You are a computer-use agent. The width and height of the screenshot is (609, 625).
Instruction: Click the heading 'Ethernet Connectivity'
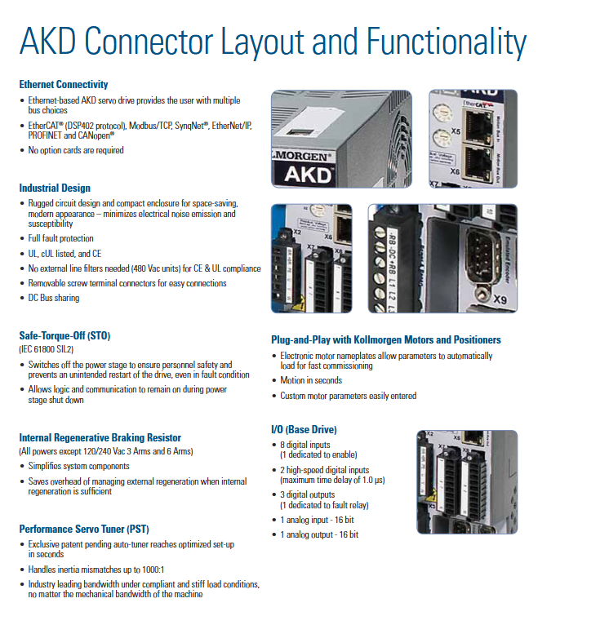64,84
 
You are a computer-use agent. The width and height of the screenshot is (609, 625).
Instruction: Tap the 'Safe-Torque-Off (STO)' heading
64,335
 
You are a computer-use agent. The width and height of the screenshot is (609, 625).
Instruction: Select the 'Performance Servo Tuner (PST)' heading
84,529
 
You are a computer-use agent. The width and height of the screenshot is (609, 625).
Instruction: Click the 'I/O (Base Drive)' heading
304,429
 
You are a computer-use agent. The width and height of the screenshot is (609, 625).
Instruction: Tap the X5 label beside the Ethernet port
456,131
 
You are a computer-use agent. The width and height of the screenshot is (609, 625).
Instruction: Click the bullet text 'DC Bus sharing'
54,298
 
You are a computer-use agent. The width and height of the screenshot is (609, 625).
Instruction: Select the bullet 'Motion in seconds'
311,380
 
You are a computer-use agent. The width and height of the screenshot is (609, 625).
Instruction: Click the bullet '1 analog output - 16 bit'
318,534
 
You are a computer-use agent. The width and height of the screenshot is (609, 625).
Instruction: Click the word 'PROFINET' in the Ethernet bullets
47,135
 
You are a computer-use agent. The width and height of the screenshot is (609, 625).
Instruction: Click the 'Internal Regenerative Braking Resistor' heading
100,437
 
